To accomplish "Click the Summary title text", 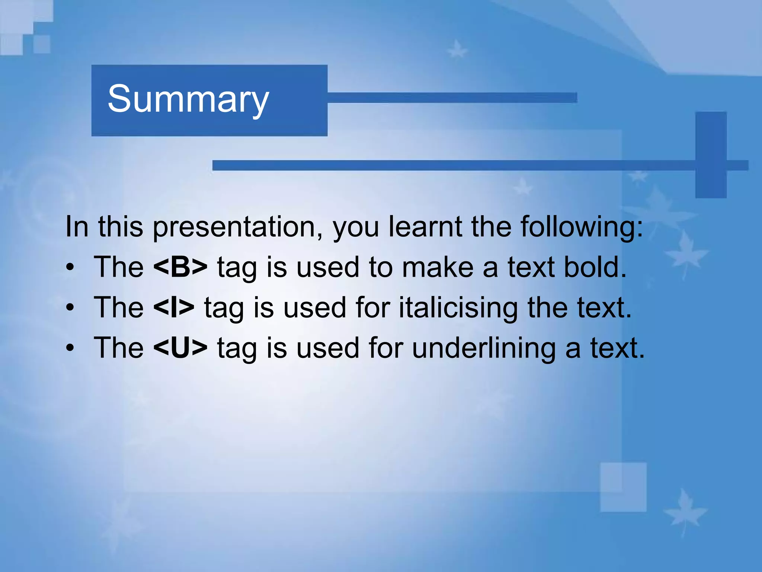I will [188, 99].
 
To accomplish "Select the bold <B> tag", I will [180, 267].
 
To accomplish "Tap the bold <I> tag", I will [173, 308].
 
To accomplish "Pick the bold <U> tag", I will [180, 348].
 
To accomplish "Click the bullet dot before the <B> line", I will [70, 268].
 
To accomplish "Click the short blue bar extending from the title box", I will [452, 98].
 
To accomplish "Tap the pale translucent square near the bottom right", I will [623, 487].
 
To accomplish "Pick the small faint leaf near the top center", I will [457, 49].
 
